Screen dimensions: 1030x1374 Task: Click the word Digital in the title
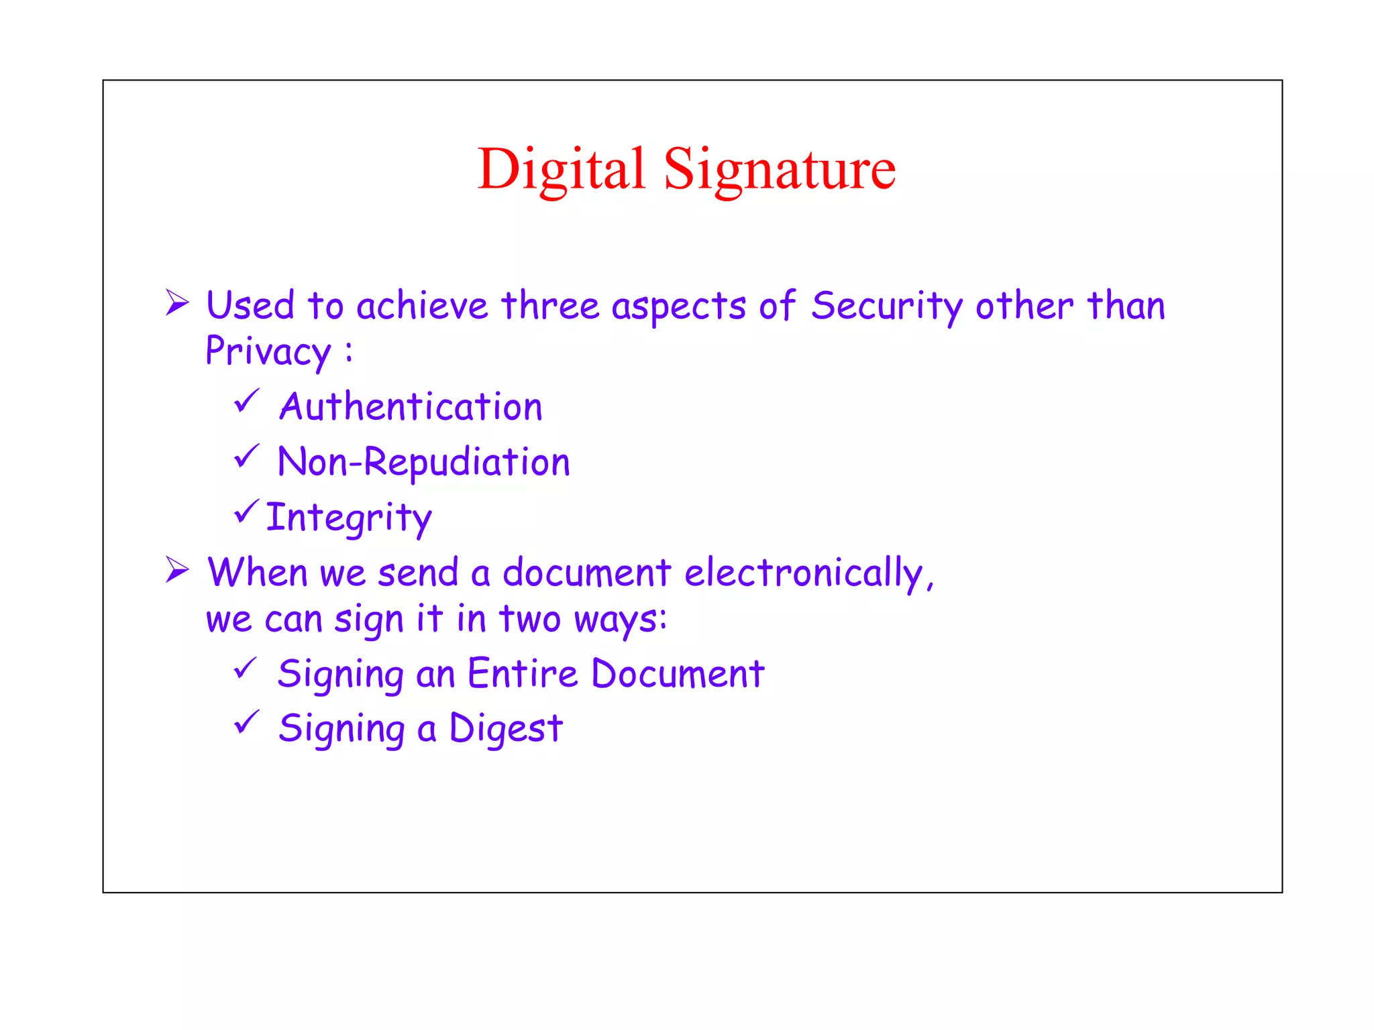click(x=561, y=169)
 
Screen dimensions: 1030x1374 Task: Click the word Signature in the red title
click(x=780, y=169)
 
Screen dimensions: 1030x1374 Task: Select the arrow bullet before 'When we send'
click(x=177, y=569)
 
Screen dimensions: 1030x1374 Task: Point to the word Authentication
click(x=411, y=406)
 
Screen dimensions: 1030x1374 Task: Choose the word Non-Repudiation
click(x=424, y=462)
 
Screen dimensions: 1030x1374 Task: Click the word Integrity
click(x=349, y=518)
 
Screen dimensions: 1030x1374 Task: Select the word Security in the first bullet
click(x=887, y=306)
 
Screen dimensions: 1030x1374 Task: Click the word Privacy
click(x=268, y=351)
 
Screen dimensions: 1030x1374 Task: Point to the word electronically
click(x=808, y=573)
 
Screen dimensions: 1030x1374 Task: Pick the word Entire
click(x=522, y=673)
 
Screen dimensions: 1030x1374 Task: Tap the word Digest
click(x=506, y=729)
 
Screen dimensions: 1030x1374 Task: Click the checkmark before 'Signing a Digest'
click(x=246, y=722)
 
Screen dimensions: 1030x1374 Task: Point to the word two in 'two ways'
click(x=529, y=618)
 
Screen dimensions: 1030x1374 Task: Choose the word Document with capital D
click(x=678, y=673)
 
